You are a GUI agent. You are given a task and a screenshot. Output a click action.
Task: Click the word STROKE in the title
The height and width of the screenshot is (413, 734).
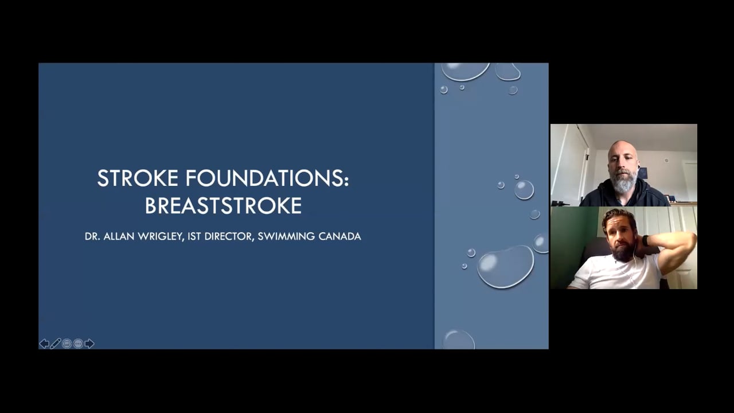coord(138,178)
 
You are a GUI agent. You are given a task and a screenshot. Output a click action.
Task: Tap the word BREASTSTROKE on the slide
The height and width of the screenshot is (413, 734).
coord(223,205)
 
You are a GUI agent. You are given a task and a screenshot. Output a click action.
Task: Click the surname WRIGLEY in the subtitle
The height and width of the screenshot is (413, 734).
coord(159,236)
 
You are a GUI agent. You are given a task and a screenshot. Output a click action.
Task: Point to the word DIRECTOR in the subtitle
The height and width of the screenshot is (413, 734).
coord(228,236)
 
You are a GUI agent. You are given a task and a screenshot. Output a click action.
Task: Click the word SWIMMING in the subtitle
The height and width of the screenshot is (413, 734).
coord(286,236)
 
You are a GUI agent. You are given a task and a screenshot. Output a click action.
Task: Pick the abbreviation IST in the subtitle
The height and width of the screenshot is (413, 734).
coord(194,236)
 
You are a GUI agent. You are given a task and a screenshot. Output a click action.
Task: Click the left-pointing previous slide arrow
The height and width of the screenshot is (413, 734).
coord(44,344)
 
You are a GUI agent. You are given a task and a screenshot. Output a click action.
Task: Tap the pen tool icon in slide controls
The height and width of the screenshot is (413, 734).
coord(56,344)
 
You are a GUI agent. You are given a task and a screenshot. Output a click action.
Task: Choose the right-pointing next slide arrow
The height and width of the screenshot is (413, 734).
coord(89,344)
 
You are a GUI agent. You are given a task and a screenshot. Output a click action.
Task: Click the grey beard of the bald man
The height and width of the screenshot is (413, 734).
coord(624,182)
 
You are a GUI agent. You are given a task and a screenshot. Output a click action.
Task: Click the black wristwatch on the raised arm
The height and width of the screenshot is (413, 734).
coord(646,240)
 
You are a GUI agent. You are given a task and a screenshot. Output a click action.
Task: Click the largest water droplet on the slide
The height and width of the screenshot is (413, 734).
coord(505,267)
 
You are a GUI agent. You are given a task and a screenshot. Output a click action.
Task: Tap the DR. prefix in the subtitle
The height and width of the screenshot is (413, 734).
coord(92,236)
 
